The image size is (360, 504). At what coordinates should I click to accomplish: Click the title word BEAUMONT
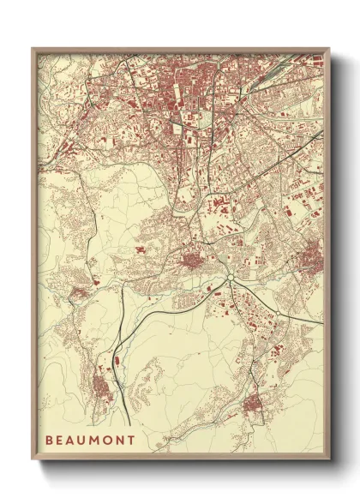point(90,440)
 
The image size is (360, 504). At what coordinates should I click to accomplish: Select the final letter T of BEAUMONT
point(131,440)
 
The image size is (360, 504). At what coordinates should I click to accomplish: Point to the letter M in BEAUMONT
point(94,440)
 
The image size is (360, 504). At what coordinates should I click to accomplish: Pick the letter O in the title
point(107,440)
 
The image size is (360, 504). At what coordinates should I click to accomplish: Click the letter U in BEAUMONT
point(83,440)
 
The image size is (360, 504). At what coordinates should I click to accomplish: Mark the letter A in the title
point(72,440)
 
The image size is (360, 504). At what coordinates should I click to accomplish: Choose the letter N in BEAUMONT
point(119,440)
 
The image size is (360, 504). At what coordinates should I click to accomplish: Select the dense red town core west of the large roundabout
point(190,260)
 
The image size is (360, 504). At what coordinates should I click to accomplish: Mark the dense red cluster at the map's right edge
point(311,255)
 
